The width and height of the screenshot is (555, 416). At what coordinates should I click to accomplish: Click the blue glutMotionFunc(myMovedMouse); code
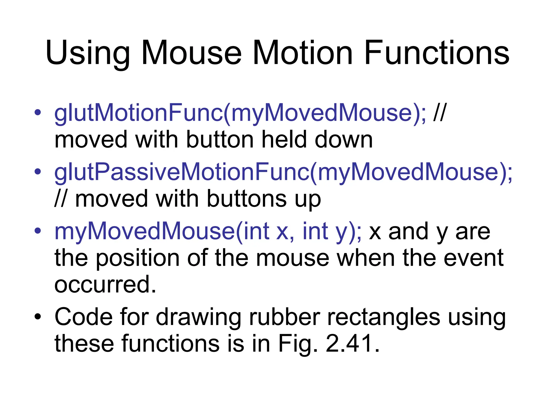[x=240, y=113]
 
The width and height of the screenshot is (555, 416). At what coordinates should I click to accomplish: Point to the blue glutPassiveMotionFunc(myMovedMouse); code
[x=283, y=173]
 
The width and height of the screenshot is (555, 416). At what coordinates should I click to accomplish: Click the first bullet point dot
[x=38, y=112]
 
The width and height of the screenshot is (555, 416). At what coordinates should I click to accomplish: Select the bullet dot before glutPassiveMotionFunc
[x=38, y=171]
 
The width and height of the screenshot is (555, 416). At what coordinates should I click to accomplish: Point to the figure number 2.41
[x=352, y=343]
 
